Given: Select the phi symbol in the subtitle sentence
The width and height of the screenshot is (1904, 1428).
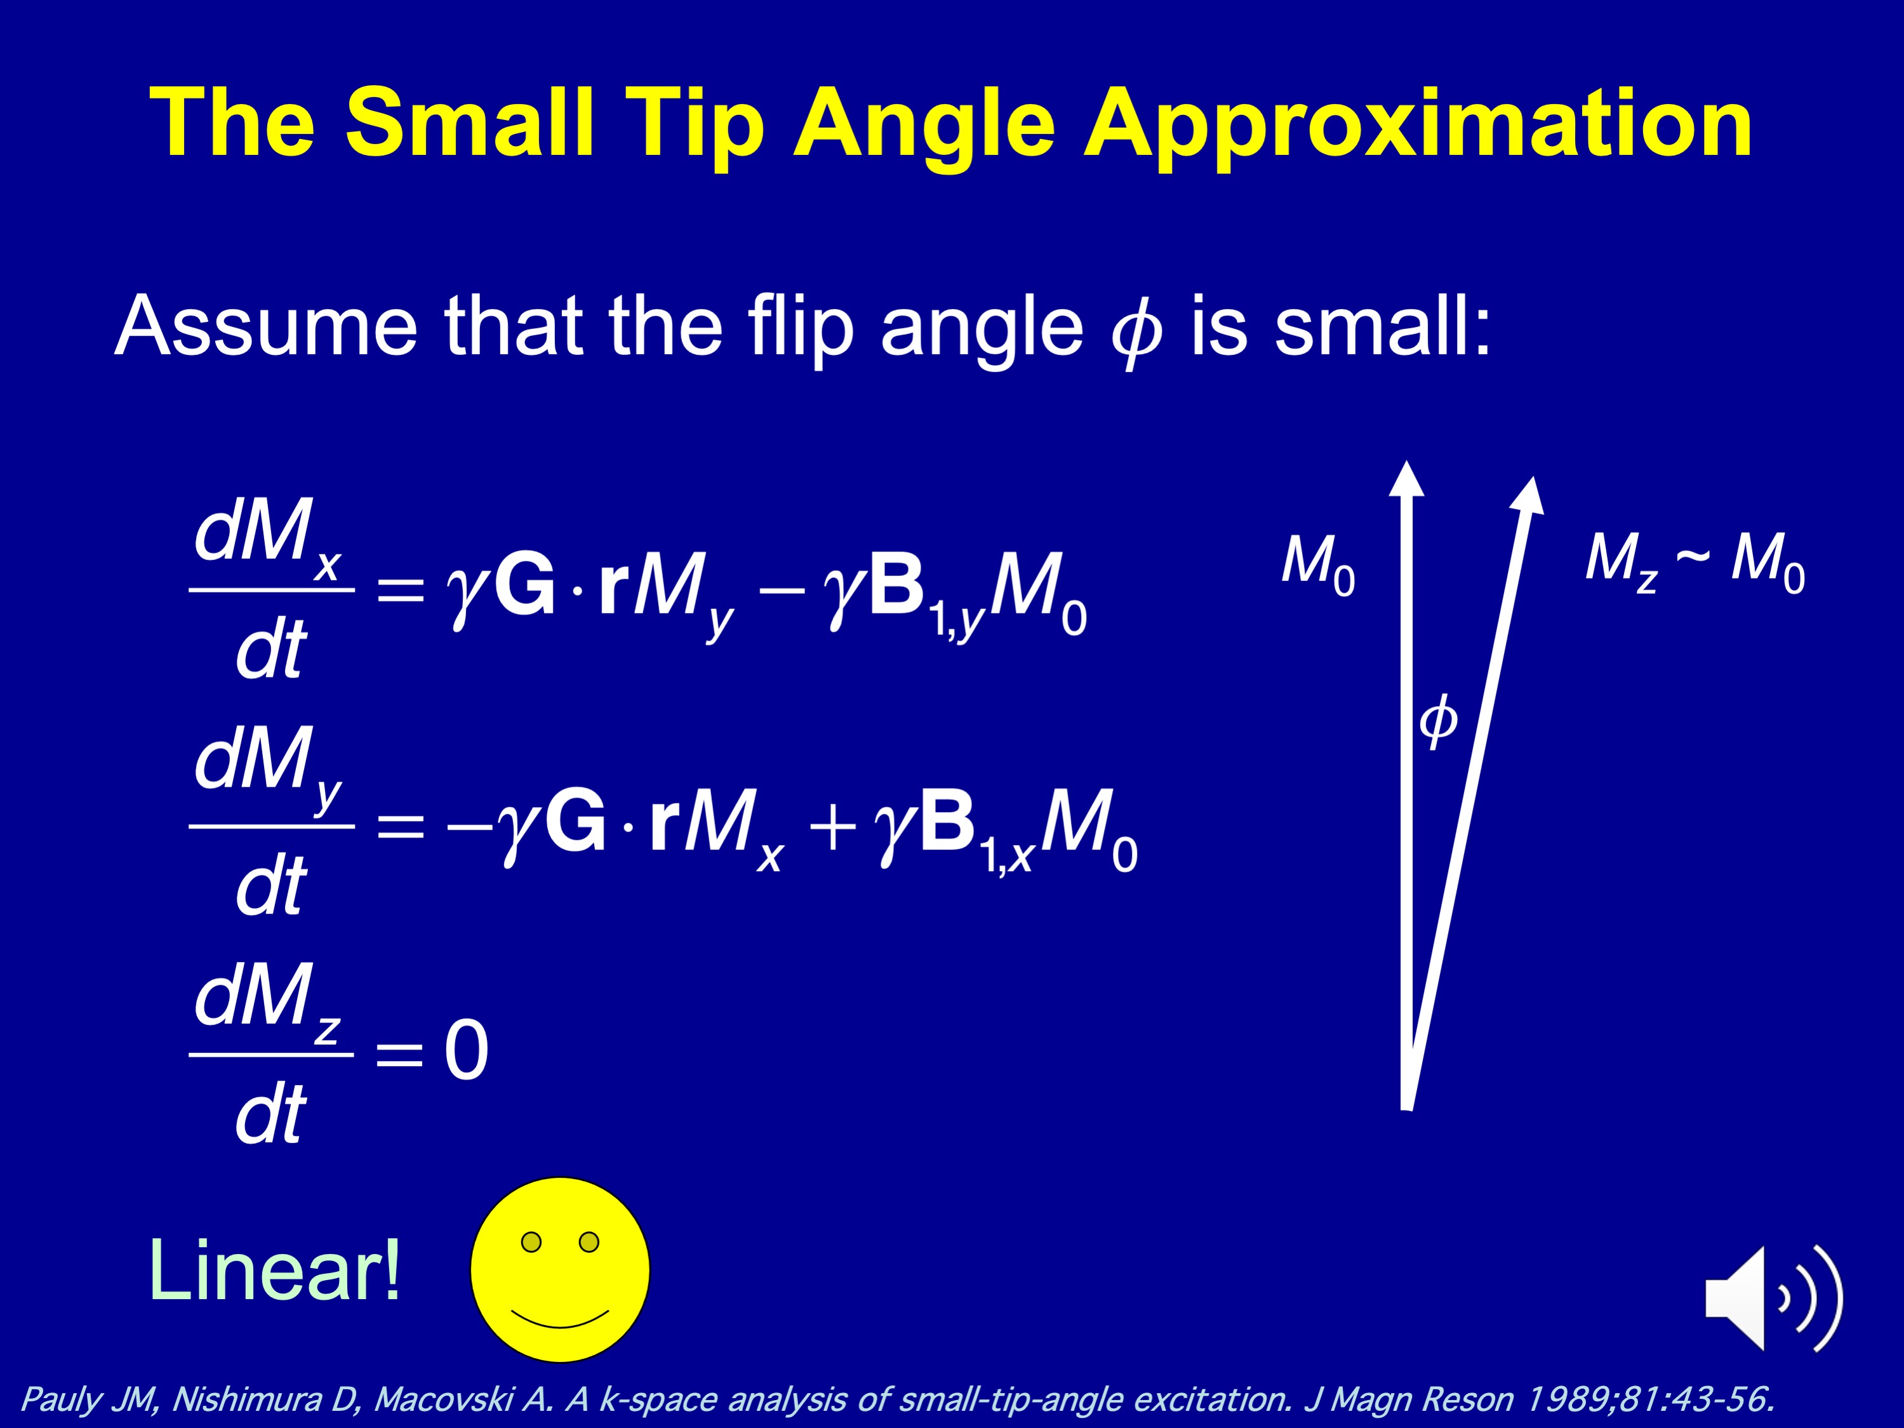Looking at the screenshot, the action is tap(1136, 331).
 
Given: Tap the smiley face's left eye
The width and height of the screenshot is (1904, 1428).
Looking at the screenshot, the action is tap(532, 1242).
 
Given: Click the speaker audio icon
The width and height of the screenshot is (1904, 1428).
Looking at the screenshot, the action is tap(1774, 1297).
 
